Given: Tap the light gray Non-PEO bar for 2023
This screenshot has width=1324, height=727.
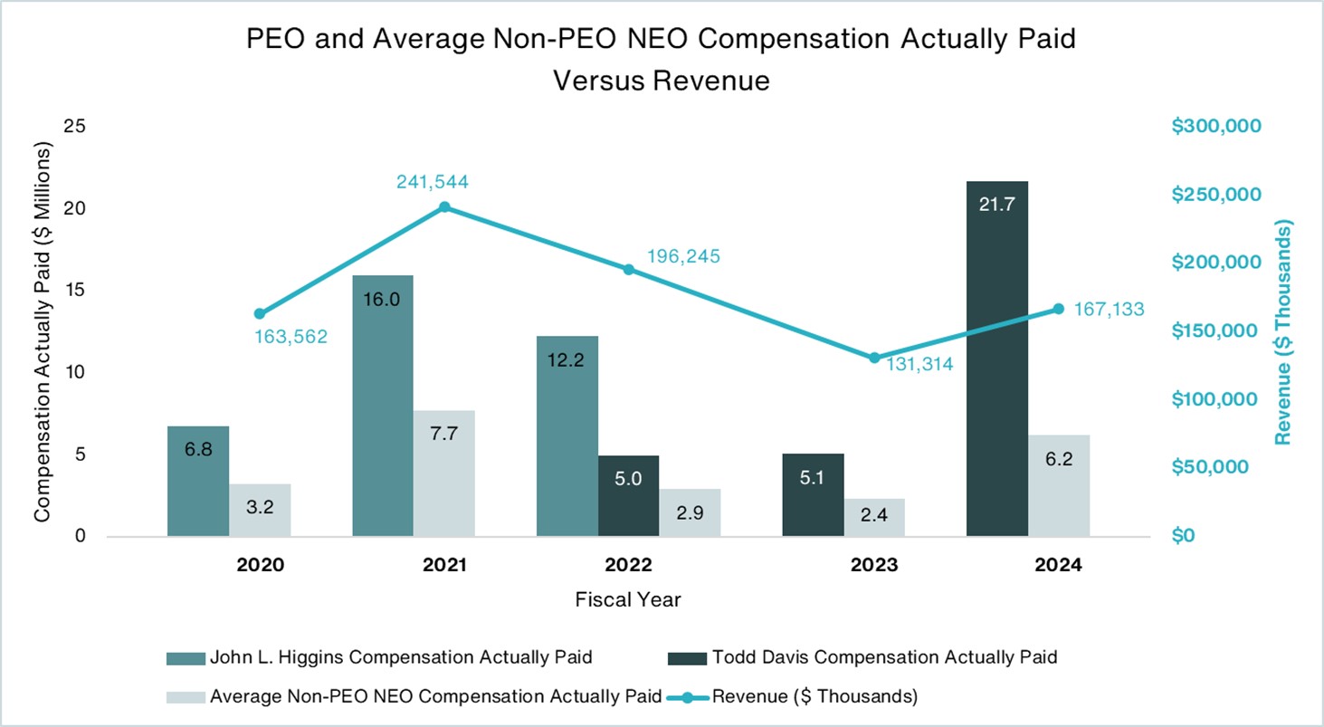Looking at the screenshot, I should click(x=874, y=517).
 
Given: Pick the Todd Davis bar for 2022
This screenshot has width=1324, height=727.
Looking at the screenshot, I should click(x=628, y=496).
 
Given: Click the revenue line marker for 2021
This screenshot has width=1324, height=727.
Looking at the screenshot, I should click(x=444, y=207).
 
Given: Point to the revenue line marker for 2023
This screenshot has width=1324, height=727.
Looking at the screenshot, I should click(x=874, y=358).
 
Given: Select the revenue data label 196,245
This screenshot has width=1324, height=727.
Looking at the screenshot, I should click(x=683, y=256).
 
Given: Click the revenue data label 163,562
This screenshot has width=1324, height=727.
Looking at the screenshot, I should click(x=291, y=337).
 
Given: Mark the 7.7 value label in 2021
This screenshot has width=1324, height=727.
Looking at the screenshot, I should click(x=444, y=434).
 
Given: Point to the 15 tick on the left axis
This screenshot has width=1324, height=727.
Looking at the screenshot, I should click(x=74, y=291).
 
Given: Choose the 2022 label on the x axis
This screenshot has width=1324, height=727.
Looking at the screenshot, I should click(x=628, y=565).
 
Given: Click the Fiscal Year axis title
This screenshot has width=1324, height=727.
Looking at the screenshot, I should click(x=628, y=599).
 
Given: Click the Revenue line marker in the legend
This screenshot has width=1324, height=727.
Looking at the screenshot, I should click(x=687, y=697).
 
